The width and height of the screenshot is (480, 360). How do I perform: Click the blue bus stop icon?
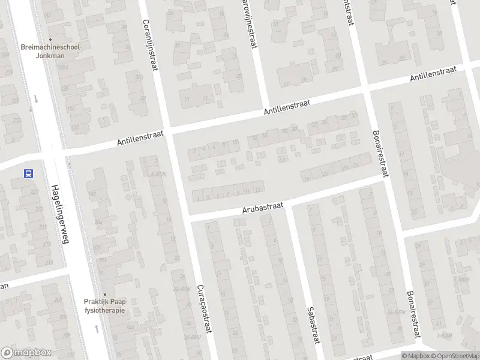click(28, 173)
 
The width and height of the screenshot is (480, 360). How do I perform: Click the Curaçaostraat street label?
click(203, 305)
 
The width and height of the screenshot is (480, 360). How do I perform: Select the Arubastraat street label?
click(262, 207)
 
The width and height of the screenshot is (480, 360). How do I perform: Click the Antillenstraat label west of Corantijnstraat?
click(140, 140)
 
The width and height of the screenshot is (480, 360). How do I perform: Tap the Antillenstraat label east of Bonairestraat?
click(433, 74)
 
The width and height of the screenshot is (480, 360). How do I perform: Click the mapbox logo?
click(25, 352)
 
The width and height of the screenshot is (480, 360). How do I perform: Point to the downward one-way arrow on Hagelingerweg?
click(35, 99)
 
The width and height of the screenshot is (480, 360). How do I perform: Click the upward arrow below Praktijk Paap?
click(97, 329)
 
